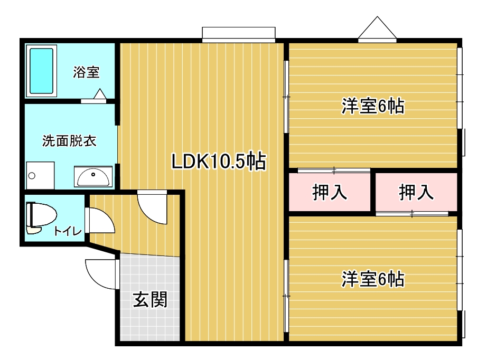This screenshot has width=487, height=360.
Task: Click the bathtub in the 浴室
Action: (x=41, y=71)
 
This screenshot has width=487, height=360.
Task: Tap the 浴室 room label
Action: (x=86, y=72)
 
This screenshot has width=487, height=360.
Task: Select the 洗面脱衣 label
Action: (x=69, y=141)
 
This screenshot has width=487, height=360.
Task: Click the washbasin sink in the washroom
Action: (x=93, y=177)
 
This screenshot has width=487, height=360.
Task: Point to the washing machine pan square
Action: (x=40, y=175)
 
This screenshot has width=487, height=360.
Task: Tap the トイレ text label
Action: (x=68, y=231)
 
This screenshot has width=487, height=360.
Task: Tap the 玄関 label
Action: (x=151, y=299)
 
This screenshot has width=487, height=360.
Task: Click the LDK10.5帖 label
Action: (x=219, y=161)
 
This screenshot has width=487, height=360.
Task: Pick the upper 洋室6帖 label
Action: (x=373, y=106)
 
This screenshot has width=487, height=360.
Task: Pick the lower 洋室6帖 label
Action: (x=373, y=279)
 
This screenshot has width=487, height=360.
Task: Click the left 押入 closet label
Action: (x=330, y=192)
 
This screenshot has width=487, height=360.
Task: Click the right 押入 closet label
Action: (x=416, y=192)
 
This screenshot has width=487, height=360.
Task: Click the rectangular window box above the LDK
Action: (x=239, y=35)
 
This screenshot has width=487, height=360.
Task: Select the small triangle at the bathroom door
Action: (x=100, y=94)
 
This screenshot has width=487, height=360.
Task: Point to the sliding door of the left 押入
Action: (x=334, y=170)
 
